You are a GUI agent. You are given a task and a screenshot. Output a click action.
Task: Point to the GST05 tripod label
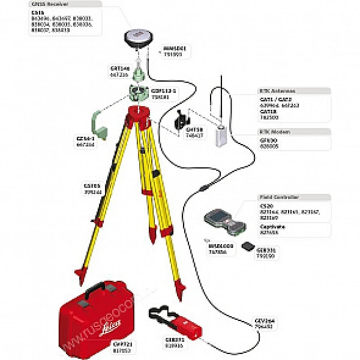tap(89, 185)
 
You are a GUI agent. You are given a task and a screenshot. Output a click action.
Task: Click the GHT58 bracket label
tap(193, 131)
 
